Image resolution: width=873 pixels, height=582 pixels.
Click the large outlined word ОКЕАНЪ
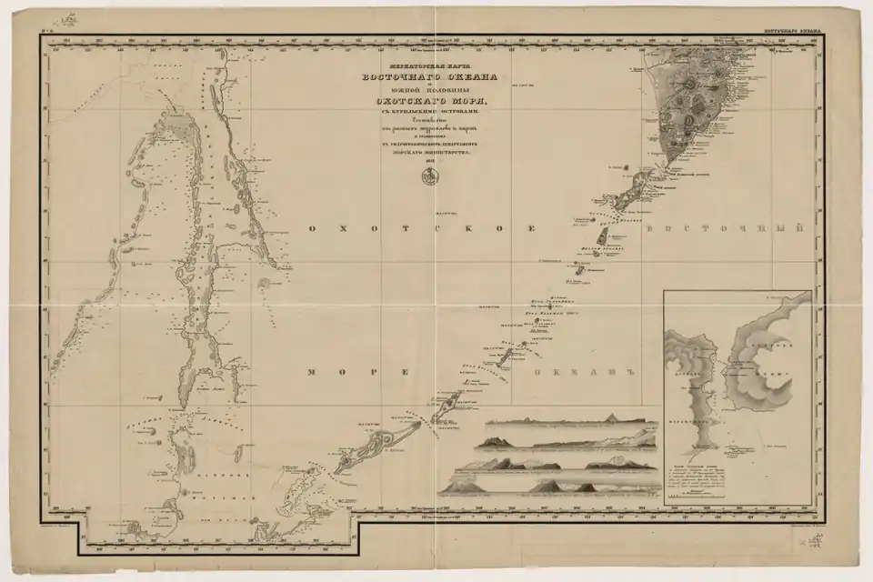pos(592,372)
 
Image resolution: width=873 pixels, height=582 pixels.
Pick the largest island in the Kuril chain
pos(373,446)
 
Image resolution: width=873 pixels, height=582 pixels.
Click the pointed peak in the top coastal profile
pos(611,418)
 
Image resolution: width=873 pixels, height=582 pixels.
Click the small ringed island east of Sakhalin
pos(263,285)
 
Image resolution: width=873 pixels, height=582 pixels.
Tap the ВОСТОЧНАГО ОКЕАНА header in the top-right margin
pos(798,31)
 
